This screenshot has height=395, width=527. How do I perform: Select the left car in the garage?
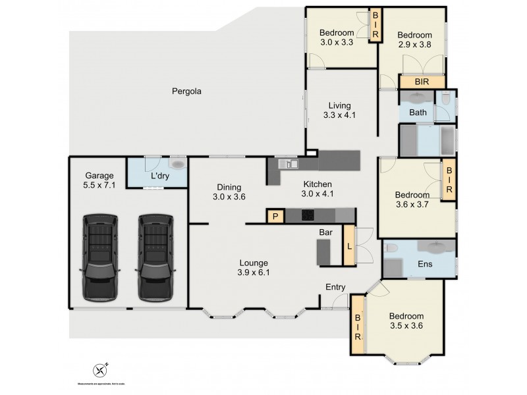99,255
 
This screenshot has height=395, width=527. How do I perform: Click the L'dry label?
161,176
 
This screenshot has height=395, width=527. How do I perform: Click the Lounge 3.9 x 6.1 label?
254,267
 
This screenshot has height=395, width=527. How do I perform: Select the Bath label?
418,113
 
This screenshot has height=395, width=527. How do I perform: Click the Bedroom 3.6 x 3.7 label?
412,199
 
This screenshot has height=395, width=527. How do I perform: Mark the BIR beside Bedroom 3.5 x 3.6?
358,326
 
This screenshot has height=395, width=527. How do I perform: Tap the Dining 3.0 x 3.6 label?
228,192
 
